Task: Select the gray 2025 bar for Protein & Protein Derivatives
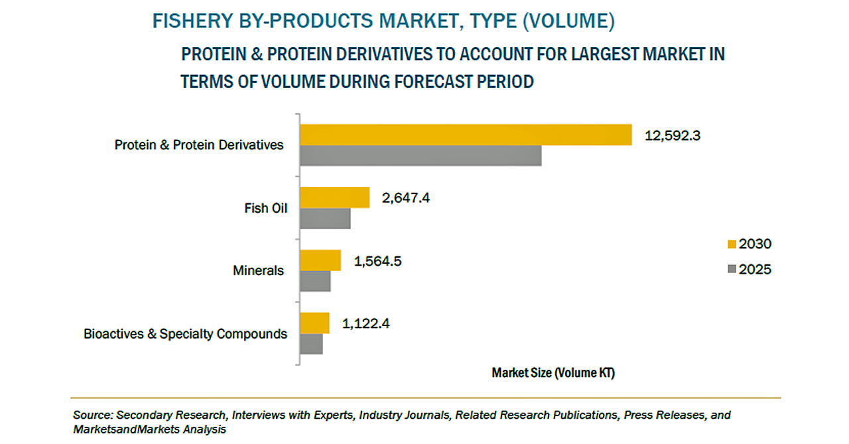point(421,156)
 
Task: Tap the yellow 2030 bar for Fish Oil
point(334,197)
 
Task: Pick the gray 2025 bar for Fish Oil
point(325,219)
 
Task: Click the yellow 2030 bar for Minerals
point(320,260)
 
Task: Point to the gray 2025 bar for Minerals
point(315,281)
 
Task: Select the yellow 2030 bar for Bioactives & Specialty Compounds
point(314,323)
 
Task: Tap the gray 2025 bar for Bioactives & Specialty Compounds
point(311,343)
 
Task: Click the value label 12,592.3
point(673,136)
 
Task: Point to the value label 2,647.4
point(405,197)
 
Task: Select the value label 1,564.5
point(377,260)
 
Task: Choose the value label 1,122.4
point(365,323)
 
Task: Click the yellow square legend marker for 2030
point(732,244)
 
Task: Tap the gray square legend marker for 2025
point(732,269)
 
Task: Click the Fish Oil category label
point(266,208)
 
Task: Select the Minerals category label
point(258,270)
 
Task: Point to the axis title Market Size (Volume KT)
point(553,373)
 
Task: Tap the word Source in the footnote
point(92,416)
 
